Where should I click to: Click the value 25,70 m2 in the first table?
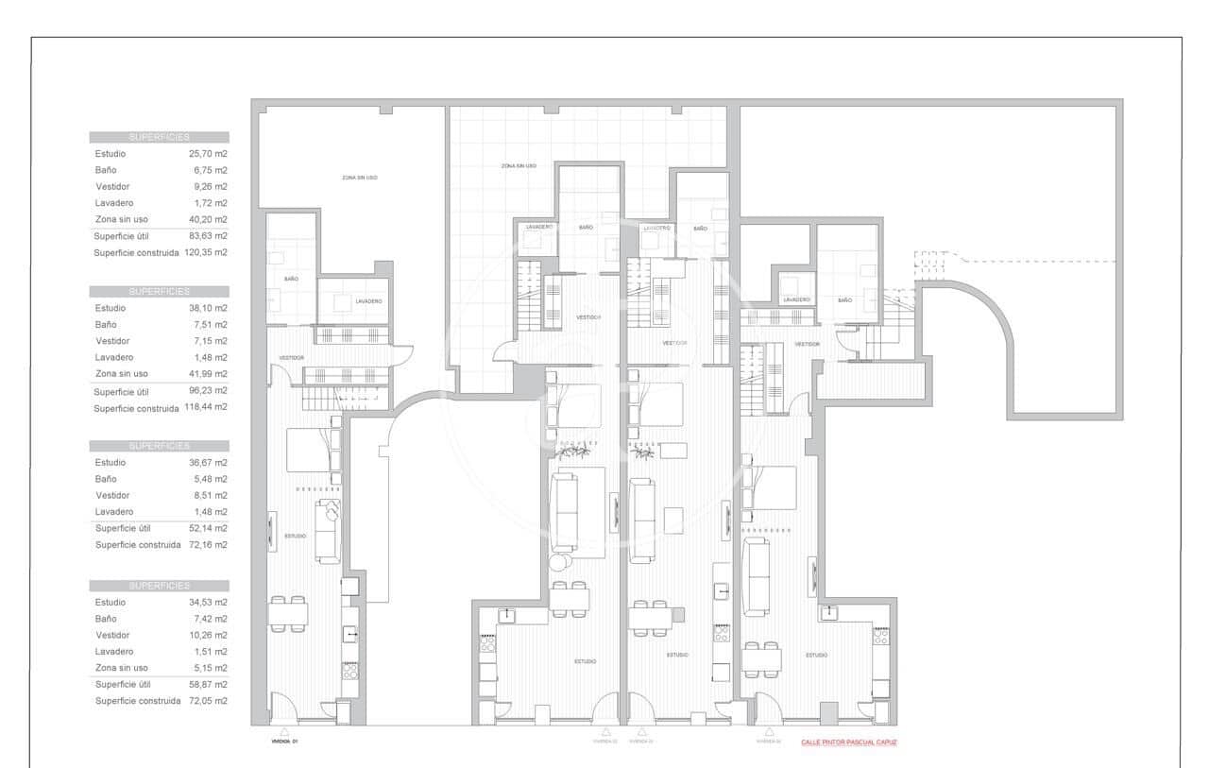[x=208, y=153]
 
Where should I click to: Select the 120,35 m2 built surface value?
[x=206, y=253]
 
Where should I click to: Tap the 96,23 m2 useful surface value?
[x=208, y=390]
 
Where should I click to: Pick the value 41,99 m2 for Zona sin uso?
[x=208, y=374]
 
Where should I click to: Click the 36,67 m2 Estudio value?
[x=208, y=463]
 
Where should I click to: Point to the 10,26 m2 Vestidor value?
[x=208, y=635]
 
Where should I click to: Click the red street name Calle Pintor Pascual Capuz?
[x=848, y=742]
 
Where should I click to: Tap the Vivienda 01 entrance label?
[x=284, y=742]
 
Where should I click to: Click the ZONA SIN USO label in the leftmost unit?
[x=359, y=178]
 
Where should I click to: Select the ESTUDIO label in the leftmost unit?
[x=295, y=537]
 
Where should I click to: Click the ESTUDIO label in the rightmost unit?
[x=816, y=655]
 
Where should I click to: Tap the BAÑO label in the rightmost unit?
[x=843, y=299]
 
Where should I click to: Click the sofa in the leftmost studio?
[x=327, y=534]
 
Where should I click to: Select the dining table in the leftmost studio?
[x=287, y=615]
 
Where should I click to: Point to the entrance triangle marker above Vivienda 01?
[x=284, y=731]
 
